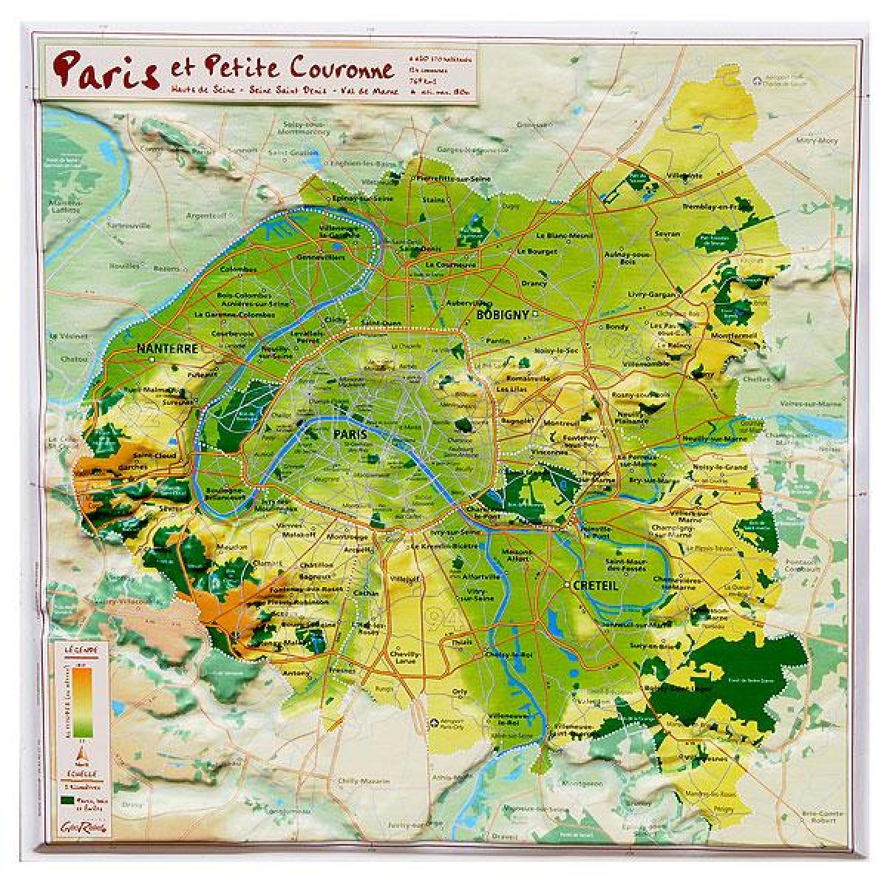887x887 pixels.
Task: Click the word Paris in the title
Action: [106, 68]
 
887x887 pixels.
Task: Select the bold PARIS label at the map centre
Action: [350, 435]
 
